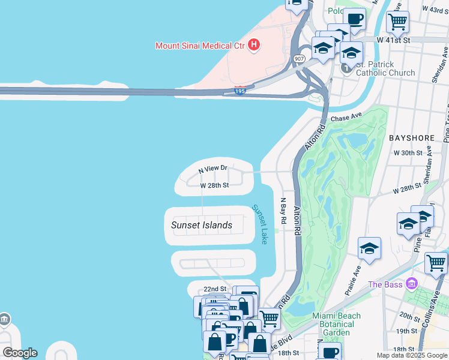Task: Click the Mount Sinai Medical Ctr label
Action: pyautogui.click(x=200, y=45)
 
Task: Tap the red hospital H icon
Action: pyautogui.click(x=254, y=44)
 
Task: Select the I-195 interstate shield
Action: pyautogui.click(x=240, y=91)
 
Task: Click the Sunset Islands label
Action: pyautogui.click(x=202, y=225)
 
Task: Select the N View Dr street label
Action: pyautogui.click(x=214, y=169)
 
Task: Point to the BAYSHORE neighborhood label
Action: pyautogui.click(x=411, y=138)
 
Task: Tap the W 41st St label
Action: pyautogui.click(x=393, y=40)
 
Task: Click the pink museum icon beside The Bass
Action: pyautogui.click(x=411, y=283)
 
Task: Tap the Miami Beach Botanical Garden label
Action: pyautogui.click(x=337, y=324)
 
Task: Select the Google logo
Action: pyautogui.click(x=20, y=353)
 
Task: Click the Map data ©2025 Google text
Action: pyautogui.click(x=411, y=355)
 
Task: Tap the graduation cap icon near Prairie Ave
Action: pyautogui.click(x=369, y=248)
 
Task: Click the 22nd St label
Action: pyautogui.click(x=214, y=289)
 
